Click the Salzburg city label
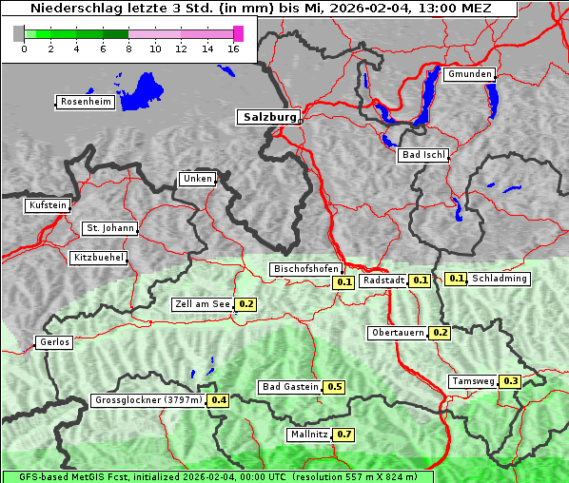(x=268, y=117)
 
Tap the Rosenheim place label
(x=84, y=102)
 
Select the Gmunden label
(x=469, y=74)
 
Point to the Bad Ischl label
(x=422, y=155)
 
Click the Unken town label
(x=196, y=179)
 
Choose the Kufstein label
(x=47, y=205)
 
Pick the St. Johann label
(x=109, y=228)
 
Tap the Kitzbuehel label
(x=97, y=258)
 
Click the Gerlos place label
(x=53, y=342)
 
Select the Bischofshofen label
(x=304, y=269)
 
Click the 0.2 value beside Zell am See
(x=246, y=304)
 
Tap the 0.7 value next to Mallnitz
(x=344, y=435)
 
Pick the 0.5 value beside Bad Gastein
(x=335, y=387)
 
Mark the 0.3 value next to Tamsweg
(x=511, y=381)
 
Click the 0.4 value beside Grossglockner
(x=219, y=400)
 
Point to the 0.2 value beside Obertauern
(x=441, y=333)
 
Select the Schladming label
(x=499, y=279)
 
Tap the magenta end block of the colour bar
(x=238, y=33)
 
